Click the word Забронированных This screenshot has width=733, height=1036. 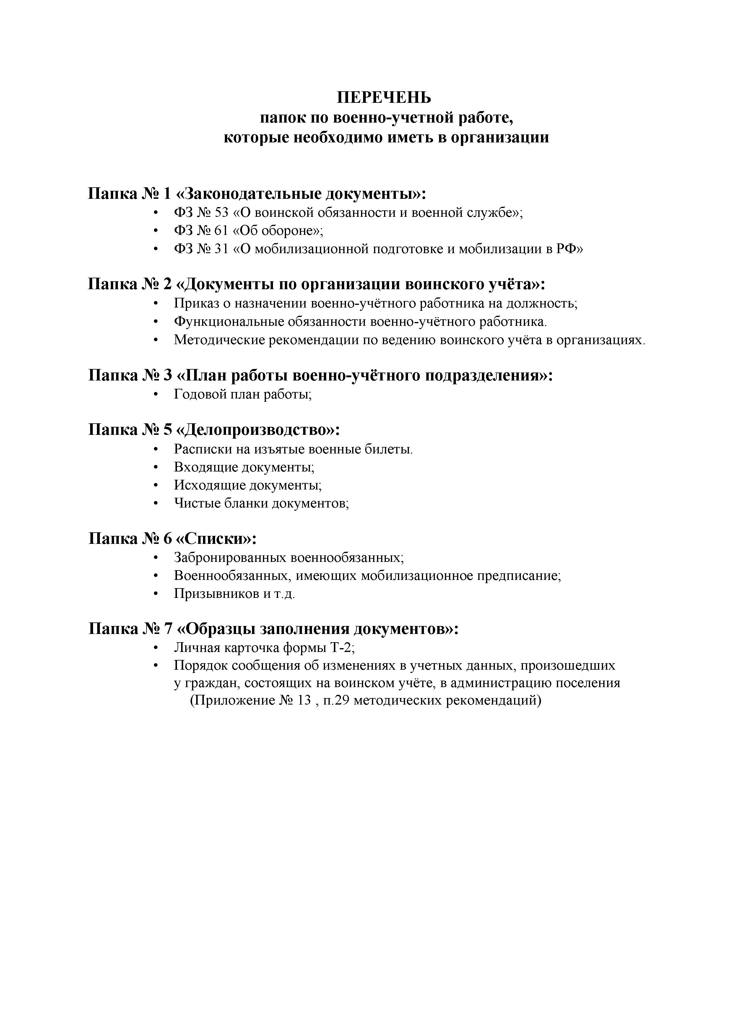[x=230, y=558]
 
